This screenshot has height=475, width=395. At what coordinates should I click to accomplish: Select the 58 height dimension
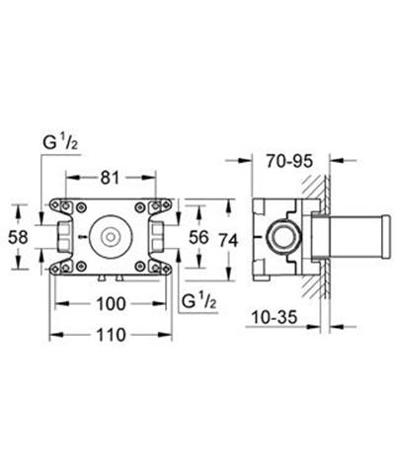(x=18, y=237)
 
